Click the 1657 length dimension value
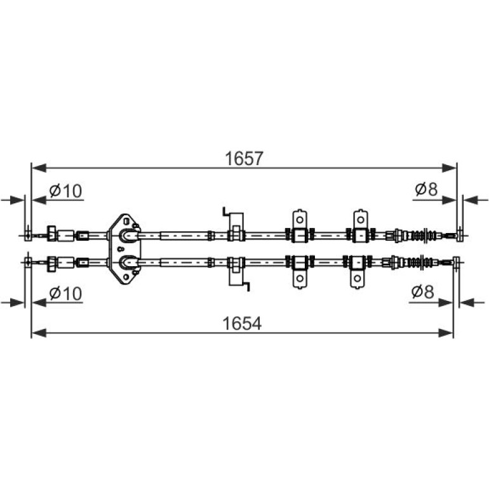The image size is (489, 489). coord(245,158)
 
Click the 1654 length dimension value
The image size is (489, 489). coord(242,323)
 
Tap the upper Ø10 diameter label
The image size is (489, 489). coord(65,191)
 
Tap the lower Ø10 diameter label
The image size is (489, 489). coord(65,293)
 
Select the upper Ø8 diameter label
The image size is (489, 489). coord(426,189)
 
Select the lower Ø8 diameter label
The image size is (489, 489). coord(422,292)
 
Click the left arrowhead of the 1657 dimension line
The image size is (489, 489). coord(39,168)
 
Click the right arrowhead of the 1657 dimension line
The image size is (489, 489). coord(450,168)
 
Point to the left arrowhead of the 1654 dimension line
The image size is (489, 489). coord(39,333)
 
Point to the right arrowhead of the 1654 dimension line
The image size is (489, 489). coord(445,333)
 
